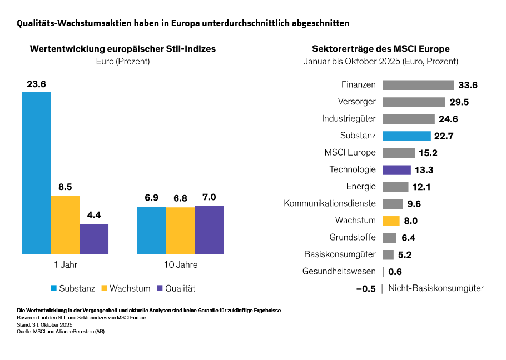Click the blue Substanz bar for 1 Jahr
tap(36, 173)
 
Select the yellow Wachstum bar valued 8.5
tap(65, 224)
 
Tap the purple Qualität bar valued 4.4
tap(94, 238)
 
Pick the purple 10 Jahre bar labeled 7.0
tap(209, 229)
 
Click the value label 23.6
tap(36, 84)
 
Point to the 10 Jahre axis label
tap(181, 264)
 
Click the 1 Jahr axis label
tap(66, 264)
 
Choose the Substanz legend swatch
tap(54, 288)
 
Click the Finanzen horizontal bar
tap(418, 85)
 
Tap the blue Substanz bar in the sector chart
tap(406, 136)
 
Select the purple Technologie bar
tap(396, 170)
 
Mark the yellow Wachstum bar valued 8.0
tap(391, 221)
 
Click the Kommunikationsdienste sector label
tap(330, 204)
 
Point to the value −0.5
tap(366, 289)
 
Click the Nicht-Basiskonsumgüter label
tap(435, 288)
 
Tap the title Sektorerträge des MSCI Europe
tap(381, 49)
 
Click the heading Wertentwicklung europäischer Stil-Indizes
tap(122, 49)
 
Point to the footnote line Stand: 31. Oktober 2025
tap(45, 324)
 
